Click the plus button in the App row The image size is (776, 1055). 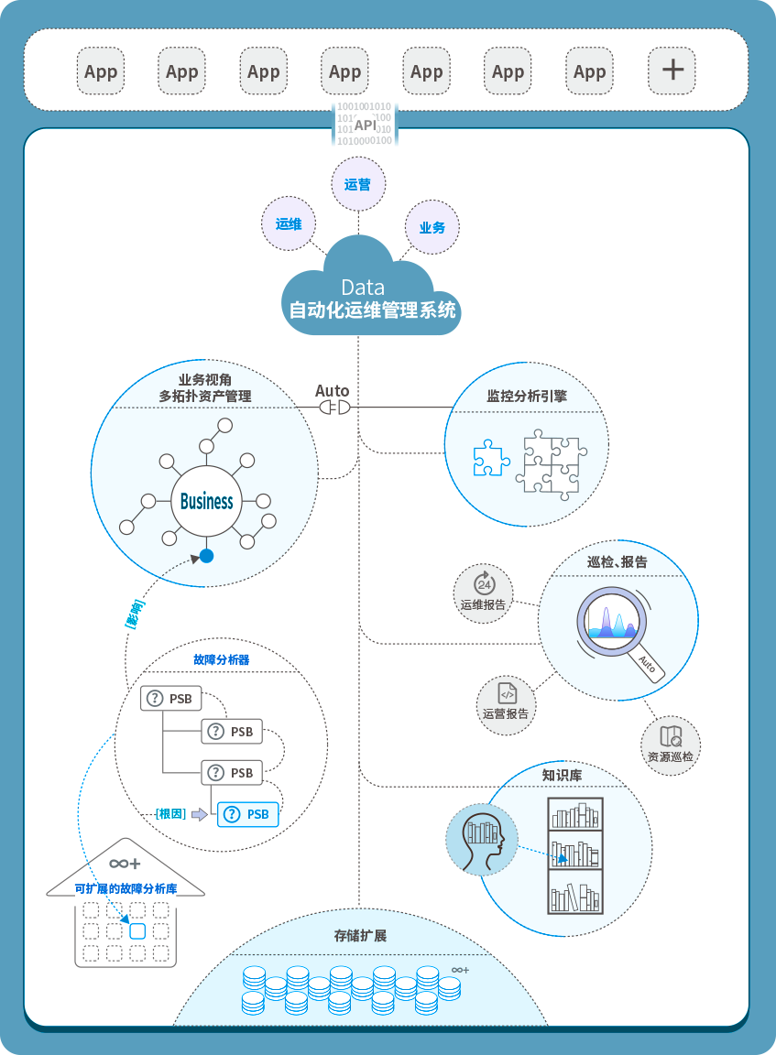672,71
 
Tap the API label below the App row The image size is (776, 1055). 365,125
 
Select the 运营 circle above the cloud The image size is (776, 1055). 357,184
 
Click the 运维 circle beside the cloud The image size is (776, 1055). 289,223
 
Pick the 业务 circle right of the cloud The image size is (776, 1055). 432,227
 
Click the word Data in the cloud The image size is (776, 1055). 363,287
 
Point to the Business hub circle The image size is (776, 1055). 207,501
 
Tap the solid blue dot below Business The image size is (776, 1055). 207,556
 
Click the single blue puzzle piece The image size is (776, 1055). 491,458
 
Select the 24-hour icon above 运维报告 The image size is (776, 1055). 483,583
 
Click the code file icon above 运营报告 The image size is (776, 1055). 507,693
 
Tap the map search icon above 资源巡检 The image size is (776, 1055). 671,735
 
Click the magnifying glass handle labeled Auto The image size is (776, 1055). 646,664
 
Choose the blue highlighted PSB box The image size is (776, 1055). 247,813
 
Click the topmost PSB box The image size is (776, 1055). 170,699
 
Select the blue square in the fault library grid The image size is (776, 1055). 137,931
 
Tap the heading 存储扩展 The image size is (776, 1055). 360,936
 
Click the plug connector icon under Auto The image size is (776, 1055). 333,406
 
